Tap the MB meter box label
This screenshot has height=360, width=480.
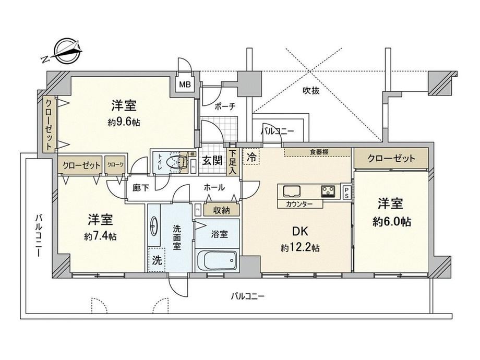click(185, 84)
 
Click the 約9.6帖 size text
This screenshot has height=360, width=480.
click(124, 123)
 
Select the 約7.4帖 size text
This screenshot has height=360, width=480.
click(100, 236)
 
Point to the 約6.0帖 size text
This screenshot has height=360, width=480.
click(391, 221)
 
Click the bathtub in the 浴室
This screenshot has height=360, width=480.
click(217, 260)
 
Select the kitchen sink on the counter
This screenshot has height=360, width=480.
click(292, 191)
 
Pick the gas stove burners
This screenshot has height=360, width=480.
click(328, 191)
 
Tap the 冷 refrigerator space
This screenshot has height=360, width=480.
click(251, 157)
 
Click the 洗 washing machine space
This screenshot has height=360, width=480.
click(157, 260)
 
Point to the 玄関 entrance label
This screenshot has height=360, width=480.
click(212, 160)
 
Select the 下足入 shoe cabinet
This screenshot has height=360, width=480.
click(233, 162)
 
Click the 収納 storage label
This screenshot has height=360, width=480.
click(221, 210)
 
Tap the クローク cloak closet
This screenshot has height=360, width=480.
click(115, 165)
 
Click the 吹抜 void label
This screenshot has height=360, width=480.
click(311, 91)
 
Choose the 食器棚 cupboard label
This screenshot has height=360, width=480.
click(319, 151)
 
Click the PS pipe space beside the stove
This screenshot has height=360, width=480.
click(346, 193)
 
